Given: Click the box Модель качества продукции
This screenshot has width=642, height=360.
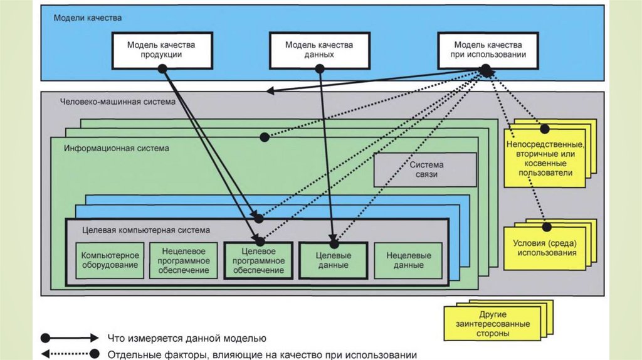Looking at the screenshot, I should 161,50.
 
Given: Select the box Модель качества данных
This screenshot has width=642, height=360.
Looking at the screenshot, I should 318,50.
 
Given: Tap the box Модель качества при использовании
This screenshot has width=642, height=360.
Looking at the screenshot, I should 487,50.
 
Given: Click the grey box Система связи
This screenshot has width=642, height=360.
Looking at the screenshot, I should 424,169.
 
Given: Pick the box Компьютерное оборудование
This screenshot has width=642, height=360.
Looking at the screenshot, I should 110,260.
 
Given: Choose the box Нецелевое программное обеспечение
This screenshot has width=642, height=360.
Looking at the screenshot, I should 184,260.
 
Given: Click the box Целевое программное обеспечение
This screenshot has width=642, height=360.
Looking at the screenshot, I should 258,260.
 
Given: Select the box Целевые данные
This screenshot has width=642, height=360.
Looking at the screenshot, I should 333,260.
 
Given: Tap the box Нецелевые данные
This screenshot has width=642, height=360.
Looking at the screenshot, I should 408,260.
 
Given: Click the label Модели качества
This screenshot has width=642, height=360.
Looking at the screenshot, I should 87,18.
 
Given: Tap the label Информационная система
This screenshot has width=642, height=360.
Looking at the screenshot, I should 116,149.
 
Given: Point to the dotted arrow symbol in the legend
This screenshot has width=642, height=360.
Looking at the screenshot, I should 69,353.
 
